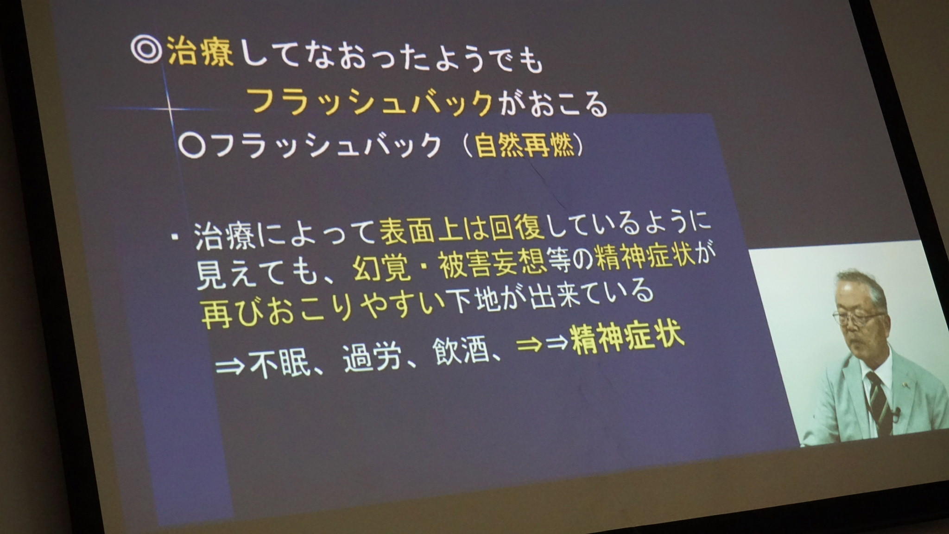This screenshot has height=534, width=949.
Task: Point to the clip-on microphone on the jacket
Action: click(x=896, y=413)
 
